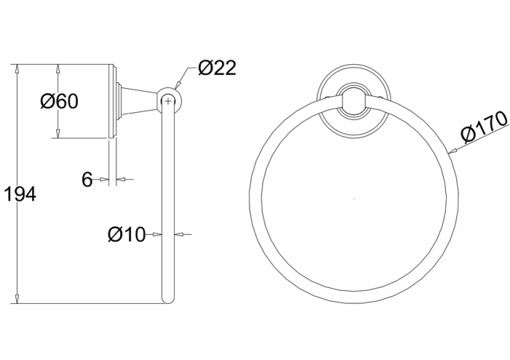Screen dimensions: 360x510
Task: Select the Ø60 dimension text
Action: tap(58, 101)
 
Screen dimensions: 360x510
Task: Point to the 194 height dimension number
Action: tap(20, 195)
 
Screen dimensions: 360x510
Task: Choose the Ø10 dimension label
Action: tap(126, 234)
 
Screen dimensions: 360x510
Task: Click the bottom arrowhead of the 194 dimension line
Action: tap(16, 299)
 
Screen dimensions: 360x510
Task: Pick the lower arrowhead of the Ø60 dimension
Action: tap(58, 135)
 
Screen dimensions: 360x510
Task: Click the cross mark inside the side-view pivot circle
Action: tap(168, 101)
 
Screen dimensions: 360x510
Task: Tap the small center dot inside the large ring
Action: tap(354, 198)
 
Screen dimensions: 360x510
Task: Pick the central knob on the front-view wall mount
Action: tap(354, 101)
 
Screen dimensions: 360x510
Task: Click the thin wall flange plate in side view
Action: tap(111, 101)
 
